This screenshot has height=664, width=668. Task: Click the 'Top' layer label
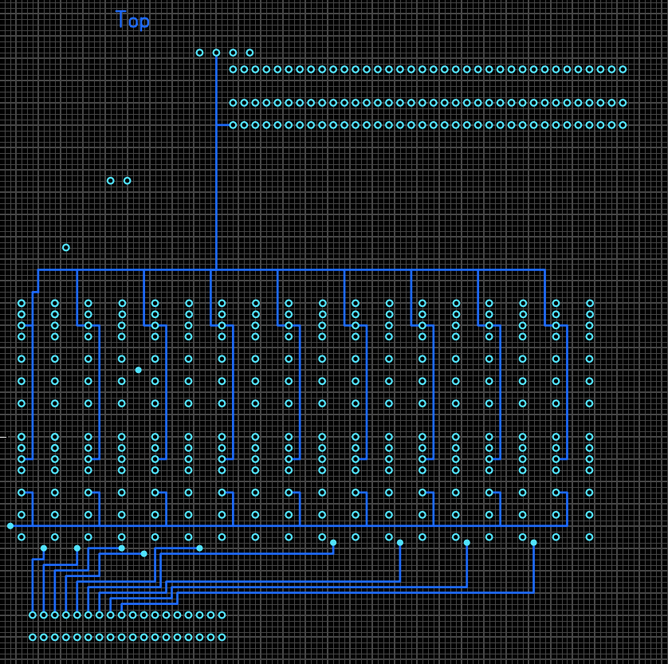[x=132, y=21]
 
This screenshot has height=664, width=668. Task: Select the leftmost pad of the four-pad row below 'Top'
[x=199, y=53]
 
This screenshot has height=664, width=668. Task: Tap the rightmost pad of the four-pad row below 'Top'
[x=250, y=53]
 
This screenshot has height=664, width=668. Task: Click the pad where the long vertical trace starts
[x=216, y=53]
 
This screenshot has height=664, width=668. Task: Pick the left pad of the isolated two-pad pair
[x=111, y=181]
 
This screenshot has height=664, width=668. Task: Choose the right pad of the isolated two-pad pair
[x=128, y=181]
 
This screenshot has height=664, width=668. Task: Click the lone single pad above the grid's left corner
[x=66, y=248]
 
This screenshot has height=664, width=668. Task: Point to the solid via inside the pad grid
[x=139, y=370]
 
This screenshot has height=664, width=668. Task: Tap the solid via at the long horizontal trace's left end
[x=10, y=526]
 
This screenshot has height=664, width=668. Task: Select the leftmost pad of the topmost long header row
[x=233, y=69]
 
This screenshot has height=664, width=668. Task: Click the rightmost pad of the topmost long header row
[x=623, y=69]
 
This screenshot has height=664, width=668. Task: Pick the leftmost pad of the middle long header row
[x=233, y=103]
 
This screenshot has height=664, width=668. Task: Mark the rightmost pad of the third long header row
[x=623, y=125]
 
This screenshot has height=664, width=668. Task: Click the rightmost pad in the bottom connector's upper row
[x=222, y=615]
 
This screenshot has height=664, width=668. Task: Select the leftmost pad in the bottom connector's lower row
[x=33, y=638]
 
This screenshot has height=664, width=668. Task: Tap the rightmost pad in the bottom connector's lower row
[x=222, y=638]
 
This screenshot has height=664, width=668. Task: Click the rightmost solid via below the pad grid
[x=534, y=543]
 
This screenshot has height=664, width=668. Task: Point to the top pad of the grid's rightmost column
[x=590, y=304]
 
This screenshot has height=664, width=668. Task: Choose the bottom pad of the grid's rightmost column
[x=590, y=537]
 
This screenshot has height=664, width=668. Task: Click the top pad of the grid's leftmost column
[x=22, y=304]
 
